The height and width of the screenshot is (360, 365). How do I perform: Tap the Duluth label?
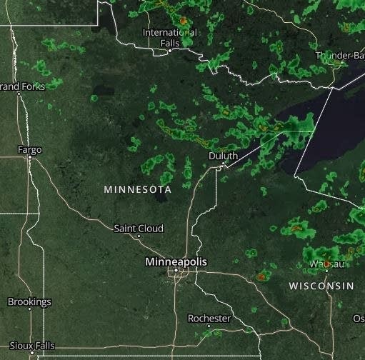pos(223,155)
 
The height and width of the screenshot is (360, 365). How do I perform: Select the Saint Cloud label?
pos(139,228)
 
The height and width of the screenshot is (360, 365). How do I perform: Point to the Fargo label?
pos(30,149)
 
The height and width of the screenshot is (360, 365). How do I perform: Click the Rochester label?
pos(209,317)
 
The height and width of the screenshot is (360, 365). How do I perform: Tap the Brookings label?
pos(29,301)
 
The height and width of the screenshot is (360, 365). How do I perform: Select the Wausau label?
pos(326,264)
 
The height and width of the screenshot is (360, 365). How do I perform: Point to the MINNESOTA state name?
pos(137,189)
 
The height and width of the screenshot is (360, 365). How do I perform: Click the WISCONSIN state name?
pos(321,286)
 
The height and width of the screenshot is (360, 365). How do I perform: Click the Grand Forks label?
pos(22,86)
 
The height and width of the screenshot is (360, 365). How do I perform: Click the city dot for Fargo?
pos(30,159)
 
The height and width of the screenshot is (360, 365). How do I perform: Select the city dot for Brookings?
pos(29,310)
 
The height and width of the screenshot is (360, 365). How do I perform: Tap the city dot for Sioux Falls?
pos(32,354)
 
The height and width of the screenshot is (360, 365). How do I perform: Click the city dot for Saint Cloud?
pos(139,236)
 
